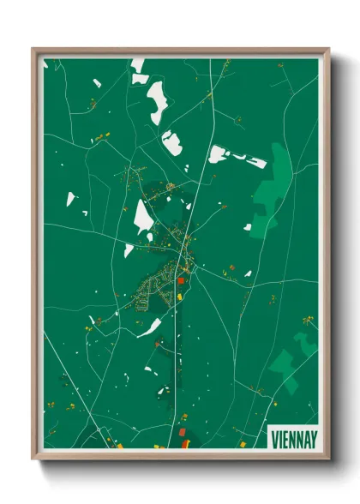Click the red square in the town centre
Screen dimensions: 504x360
coord(181,280)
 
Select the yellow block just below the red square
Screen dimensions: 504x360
coord(180,297)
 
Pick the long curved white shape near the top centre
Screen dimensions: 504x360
coord(158,103)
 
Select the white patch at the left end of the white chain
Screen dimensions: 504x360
coord(218,153)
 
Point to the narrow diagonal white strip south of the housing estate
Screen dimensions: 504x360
coord(148,327)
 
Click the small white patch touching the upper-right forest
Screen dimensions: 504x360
coord(248,227)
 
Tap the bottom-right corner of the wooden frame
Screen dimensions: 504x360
coord(328,460)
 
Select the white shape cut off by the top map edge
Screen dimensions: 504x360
coord(138,63)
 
